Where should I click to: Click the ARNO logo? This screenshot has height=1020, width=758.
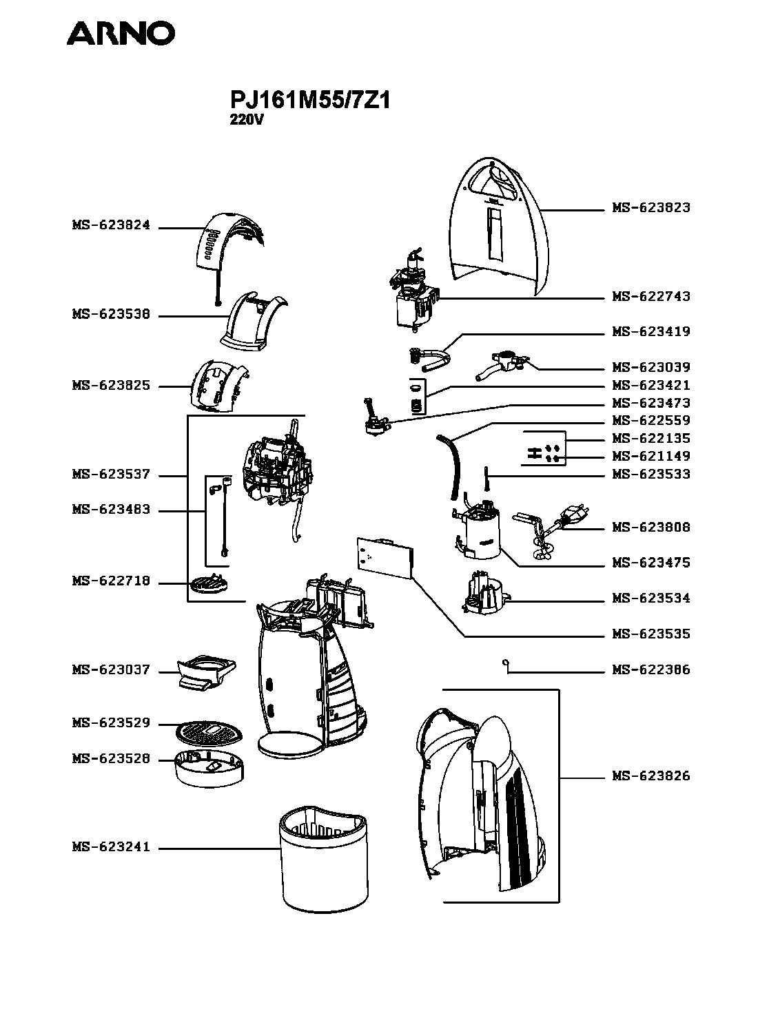coord(121,33)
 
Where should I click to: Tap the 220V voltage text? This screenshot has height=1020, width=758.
coord(247,120)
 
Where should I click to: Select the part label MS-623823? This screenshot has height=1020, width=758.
coord(651,207)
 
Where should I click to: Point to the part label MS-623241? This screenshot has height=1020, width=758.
coord(111,846)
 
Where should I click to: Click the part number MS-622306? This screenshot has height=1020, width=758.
coord(651,669)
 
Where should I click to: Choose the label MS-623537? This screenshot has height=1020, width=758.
coord(111,474)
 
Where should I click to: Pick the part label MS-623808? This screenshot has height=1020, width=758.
coord(651,527)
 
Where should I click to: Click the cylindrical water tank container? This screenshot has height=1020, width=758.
coord(324,859)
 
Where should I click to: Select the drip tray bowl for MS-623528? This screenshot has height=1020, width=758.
coord(209,769)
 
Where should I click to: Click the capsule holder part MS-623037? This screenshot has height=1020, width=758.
coord(206,672)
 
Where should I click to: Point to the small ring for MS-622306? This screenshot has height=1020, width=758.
coord(505,663)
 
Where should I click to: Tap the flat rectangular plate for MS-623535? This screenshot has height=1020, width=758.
coord(385,557)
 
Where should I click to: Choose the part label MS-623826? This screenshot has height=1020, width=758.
coord(651,776)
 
